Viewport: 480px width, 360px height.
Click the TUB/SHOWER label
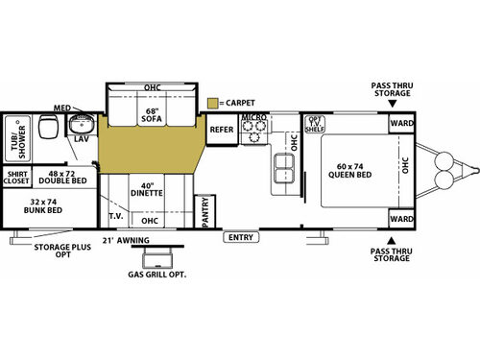[16, 138]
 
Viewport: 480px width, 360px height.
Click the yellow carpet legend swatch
[212, 101]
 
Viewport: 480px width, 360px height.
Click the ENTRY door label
[242, 235]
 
